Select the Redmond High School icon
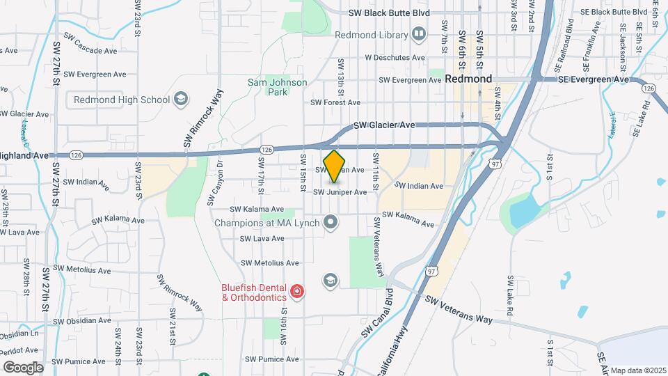coord(181,100)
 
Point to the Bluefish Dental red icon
coord(297,291)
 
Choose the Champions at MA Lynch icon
coord(331,223)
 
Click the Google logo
coord(23,367)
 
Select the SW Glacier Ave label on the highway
coord(384,125)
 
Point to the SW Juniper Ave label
coord(340,191)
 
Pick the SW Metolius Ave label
coord(269,263)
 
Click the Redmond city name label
coord(469,79)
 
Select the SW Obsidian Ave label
coord(82,321)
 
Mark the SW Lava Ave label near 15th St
coord(262,238)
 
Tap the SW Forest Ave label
coord(335,102)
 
